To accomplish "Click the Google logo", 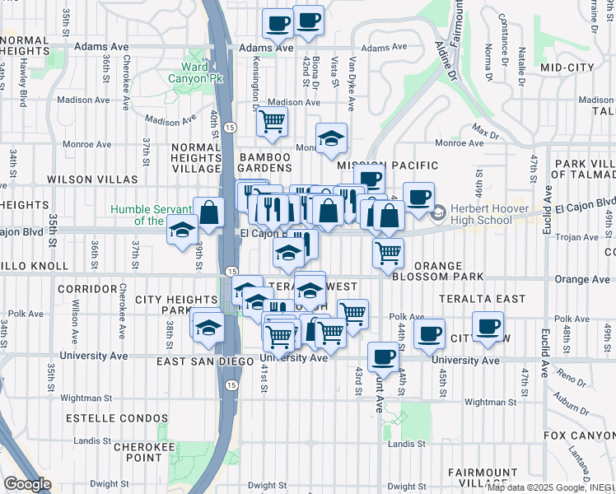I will point(26,484).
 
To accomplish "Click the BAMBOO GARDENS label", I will point(264,161).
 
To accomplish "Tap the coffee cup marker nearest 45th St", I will point(429,333).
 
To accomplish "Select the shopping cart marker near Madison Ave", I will point(271,122).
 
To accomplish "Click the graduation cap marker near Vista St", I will point(331,138).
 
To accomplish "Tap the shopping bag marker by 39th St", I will point(209,212).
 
